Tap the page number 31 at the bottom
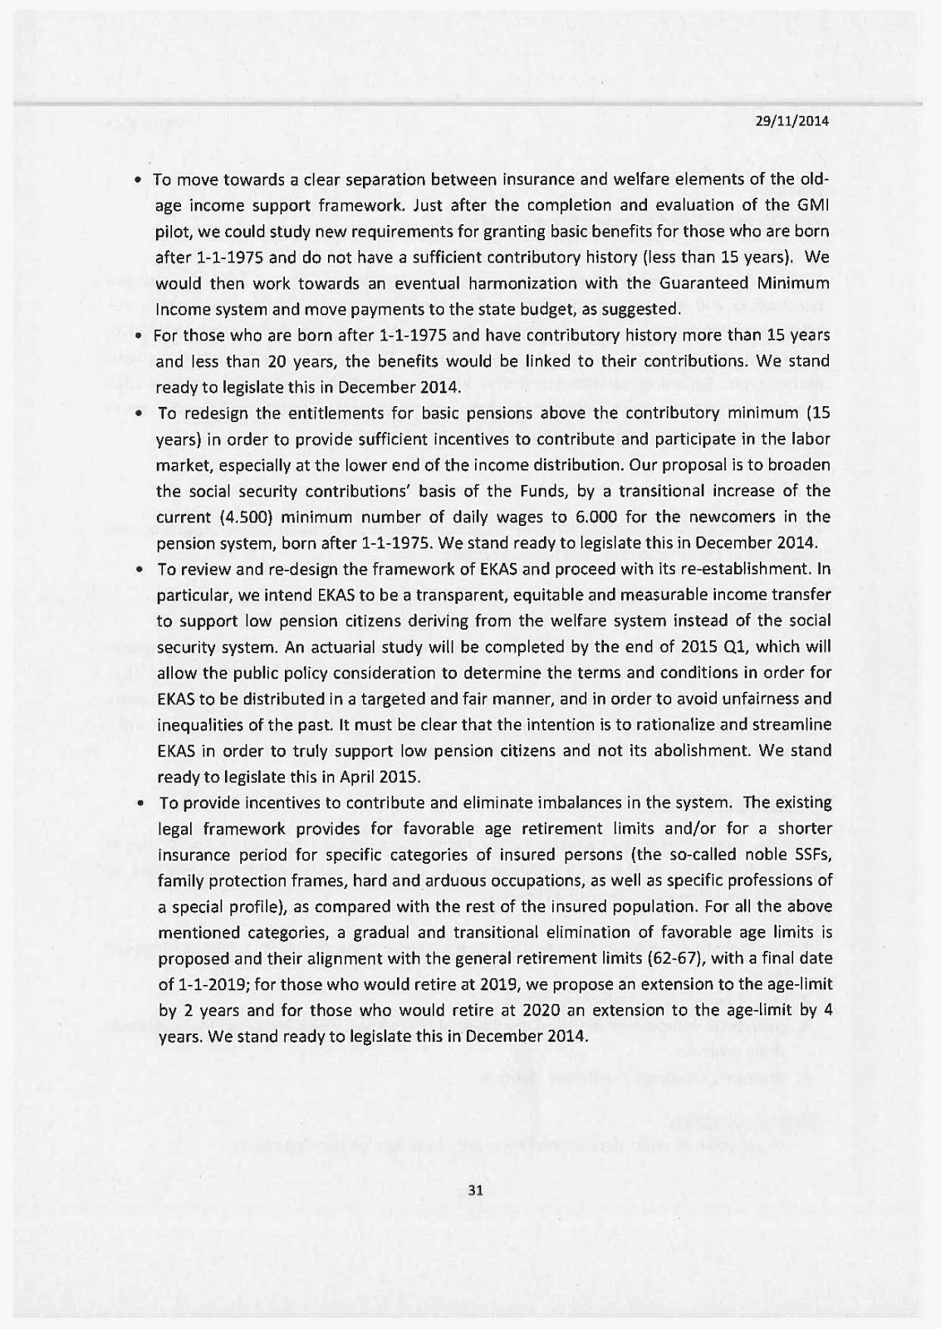point(476,1190)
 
